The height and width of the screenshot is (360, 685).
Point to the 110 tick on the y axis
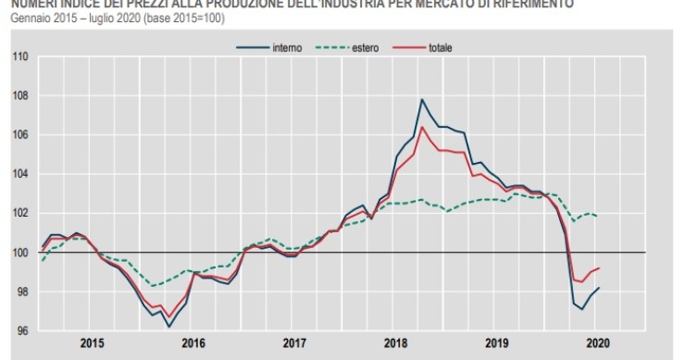21,57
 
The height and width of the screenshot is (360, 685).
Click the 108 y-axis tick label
21,96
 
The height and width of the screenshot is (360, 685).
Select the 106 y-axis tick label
21,135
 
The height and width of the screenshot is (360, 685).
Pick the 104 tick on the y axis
21,174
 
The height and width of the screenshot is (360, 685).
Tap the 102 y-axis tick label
21,213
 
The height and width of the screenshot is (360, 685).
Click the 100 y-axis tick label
21,253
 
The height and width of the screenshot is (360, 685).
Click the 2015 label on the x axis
91,343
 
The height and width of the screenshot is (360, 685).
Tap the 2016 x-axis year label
193,343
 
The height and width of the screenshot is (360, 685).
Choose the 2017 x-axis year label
294,343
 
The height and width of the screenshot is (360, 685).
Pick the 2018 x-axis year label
396,343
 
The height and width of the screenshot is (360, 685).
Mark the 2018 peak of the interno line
422,99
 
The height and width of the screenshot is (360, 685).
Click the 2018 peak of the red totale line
422,127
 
